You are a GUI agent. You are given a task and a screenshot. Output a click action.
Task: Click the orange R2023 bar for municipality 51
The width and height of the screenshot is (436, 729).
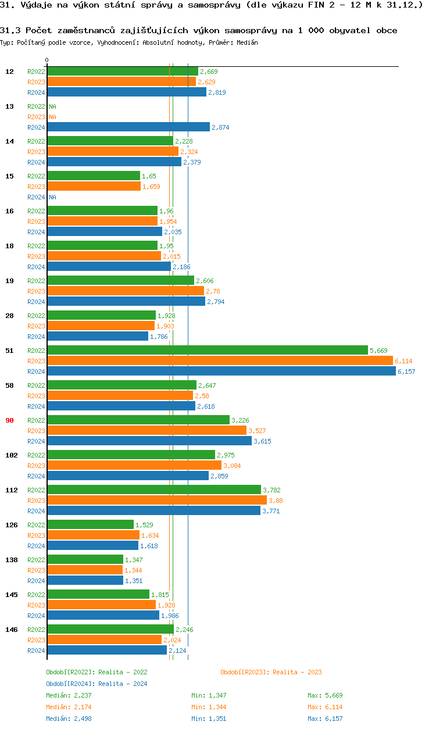(220, 361)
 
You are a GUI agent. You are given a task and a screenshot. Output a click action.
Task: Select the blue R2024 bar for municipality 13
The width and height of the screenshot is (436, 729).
(128, 127)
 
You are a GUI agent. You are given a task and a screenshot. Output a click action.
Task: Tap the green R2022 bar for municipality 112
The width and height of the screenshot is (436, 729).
(153, 490)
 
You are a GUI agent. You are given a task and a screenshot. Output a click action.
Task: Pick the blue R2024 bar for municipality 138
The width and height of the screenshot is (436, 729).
(85, 581)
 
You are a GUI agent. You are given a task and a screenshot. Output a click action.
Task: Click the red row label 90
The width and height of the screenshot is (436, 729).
(10, 420)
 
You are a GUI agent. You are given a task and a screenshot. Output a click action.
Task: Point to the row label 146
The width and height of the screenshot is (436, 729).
(11, 630)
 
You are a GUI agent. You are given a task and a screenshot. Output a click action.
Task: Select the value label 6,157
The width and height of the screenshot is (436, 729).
(406, 371)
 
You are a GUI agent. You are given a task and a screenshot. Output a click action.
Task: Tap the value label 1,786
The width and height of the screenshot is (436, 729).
(159, 337)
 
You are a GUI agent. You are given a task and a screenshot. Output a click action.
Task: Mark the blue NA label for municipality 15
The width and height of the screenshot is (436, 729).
(52, 197)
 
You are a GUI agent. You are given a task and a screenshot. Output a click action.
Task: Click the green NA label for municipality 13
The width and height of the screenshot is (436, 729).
(52, 106)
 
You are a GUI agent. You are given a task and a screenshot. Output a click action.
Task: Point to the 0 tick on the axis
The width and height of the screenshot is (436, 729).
(47, 60)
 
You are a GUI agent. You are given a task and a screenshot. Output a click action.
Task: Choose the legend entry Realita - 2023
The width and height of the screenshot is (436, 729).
(271, 672)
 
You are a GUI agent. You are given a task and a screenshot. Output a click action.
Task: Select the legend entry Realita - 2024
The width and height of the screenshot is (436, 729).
(97, 684)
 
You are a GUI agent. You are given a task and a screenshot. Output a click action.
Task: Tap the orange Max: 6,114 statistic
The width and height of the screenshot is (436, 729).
(325, 707)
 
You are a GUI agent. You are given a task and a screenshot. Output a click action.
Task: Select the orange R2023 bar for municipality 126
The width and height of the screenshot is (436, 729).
(93, 535)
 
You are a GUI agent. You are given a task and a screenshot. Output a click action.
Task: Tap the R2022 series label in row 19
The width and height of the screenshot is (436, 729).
(36, 281)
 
